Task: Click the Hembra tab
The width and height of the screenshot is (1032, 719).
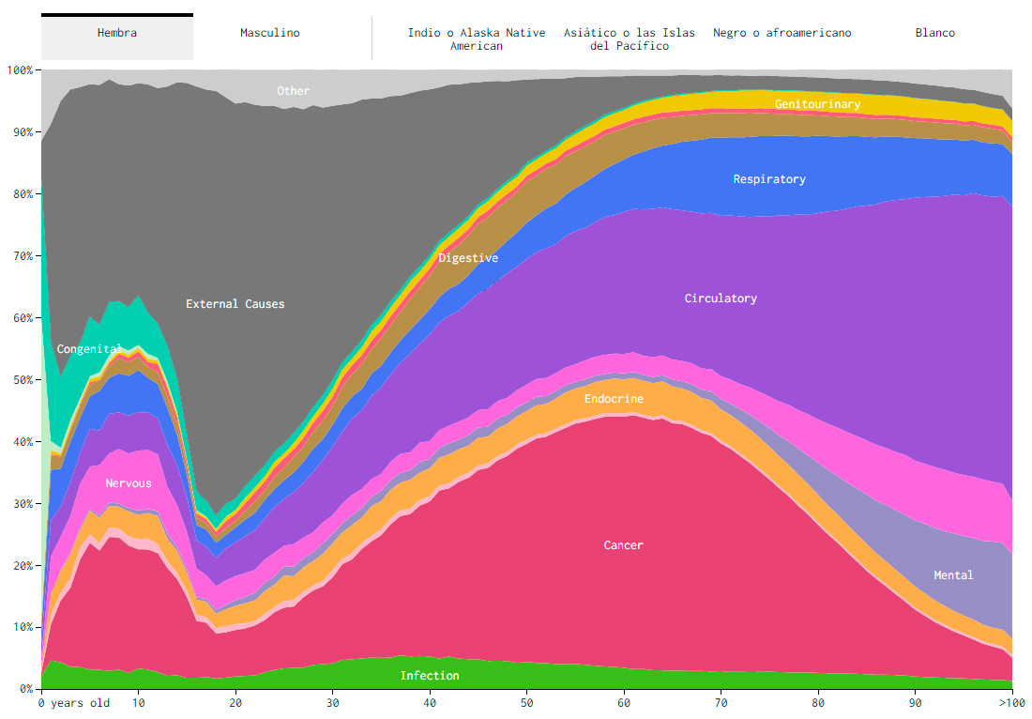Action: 117,34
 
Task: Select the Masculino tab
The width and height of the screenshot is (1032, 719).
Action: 270,34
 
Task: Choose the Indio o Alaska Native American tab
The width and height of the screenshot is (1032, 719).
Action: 477,39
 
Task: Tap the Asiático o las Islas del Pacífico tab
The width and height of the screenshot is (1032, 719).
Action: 630,39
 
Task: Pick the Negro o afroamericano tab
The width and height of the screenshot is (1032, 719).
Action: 782,34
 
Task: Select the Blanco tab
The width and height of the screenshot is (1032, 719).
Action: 935,34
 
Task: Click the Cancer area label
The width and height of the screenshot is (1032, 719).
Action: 624,545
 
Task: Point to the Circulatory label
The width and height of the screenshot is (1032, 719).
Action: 721,298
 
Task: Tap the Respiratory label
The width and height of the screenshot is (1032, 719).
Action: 769,179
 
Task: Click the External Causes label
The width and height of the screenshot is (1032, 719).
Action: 235,304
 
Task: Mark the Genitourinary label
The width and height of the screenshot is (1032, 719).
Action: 817,104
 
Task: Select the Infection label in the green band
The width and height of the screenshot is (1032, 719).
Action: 430,676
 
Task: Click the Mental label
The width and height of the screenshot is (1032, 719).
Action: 953,575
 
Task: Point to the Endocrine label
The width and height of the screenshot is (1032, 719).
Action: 614,400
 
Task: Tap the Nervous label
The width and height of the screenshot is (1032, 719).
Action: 129,484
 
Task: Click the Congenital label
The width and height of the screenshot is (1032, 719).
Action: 89,349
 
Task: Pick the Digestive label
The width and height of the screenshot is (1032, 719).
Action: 468,258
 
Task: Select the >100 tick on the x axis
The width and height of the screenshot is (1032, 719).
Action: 1011,703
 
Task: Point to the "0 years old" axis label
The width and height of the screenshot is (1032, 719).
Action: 75,703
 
